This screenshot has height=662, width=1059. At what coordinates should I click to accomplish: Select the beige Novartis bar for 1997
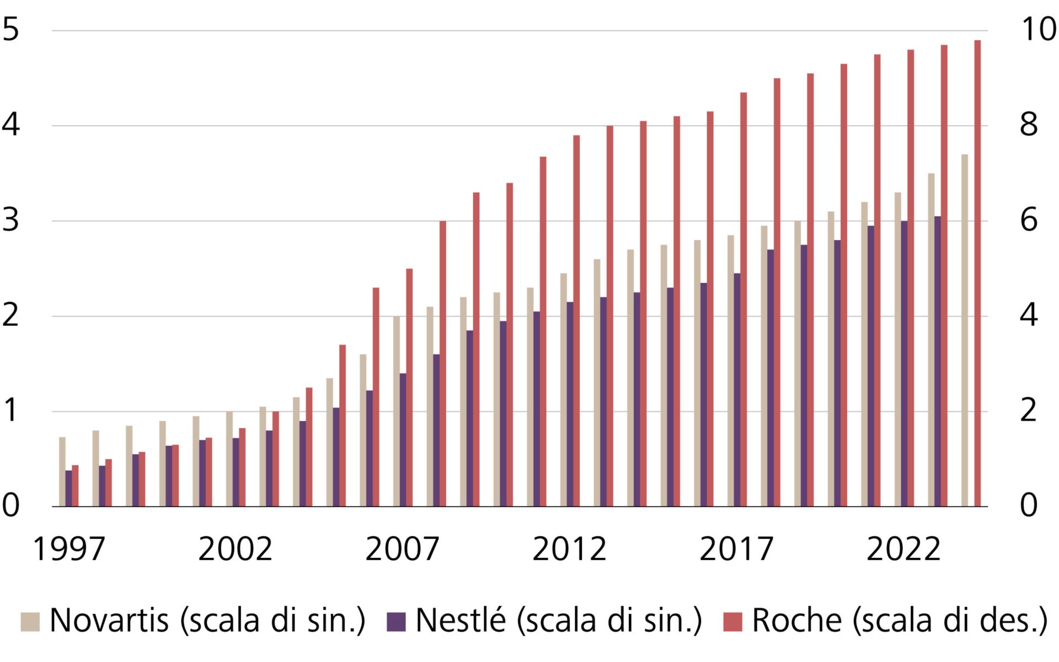(62, 472)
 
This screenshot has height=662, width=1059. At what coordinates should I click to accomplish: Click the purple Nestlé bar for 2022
(904, 364)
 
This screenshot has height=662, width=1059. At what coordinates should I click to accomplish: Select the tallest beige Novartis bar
(965, 330)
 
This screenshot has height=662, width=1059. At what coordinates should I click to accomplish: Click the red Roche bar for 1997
(75, 486)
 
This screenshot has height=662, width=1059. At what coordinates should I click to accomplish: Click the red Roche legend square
(732, 622)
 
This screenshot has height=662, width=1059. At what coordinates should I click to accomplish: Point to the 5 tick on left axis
(11, 29)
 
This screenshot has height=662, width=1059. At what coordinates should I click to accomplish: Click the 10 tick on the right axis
(1039, 29)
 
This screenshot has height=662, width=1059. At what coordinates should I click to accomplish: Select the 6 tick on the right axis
(1029, 220)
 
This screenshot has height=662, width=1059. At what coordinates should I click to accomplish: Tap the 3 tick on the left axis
(11, 220)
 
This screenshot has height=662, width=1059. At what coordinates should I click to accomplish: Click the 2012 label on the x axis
(569, 549)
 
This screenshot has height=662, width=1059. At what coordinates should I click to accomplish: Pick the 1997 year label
(69, 549)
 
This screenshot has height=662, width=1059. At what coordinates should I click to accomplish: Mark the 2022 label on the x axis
(903, 549)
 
